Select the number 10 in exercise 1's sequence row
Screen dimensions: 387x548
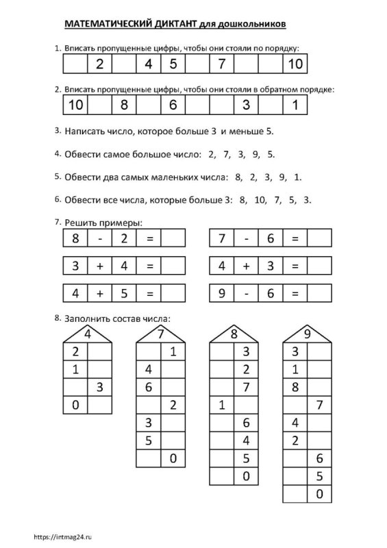(295, 65)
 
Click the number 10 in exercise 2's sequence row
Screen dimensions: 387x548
(75, 105)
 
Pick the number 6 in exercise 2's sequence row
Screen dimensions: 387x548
(173, 105)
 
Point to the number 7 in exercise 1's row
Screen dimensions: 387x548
(221, 65)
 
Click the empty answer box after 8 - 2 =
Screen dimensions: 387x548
(174, 238)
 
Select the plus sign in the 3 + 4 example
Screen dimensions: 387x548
(100, 266)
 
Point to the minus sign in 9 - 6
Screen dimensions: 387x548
(246, 294)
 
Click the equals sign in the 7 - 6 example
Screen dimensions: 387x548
(295, 238)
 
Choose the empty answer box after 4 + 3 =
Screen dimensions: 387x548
(319, 266)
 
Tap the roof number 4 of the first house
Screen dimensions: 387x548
(88, 334)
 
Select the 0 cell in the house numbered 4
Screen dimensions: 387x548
(75, 406)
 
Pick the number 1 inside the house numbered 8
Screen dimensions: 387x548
(221, 406)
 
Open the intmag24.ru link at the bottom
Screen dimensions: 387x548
(61, 536)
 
